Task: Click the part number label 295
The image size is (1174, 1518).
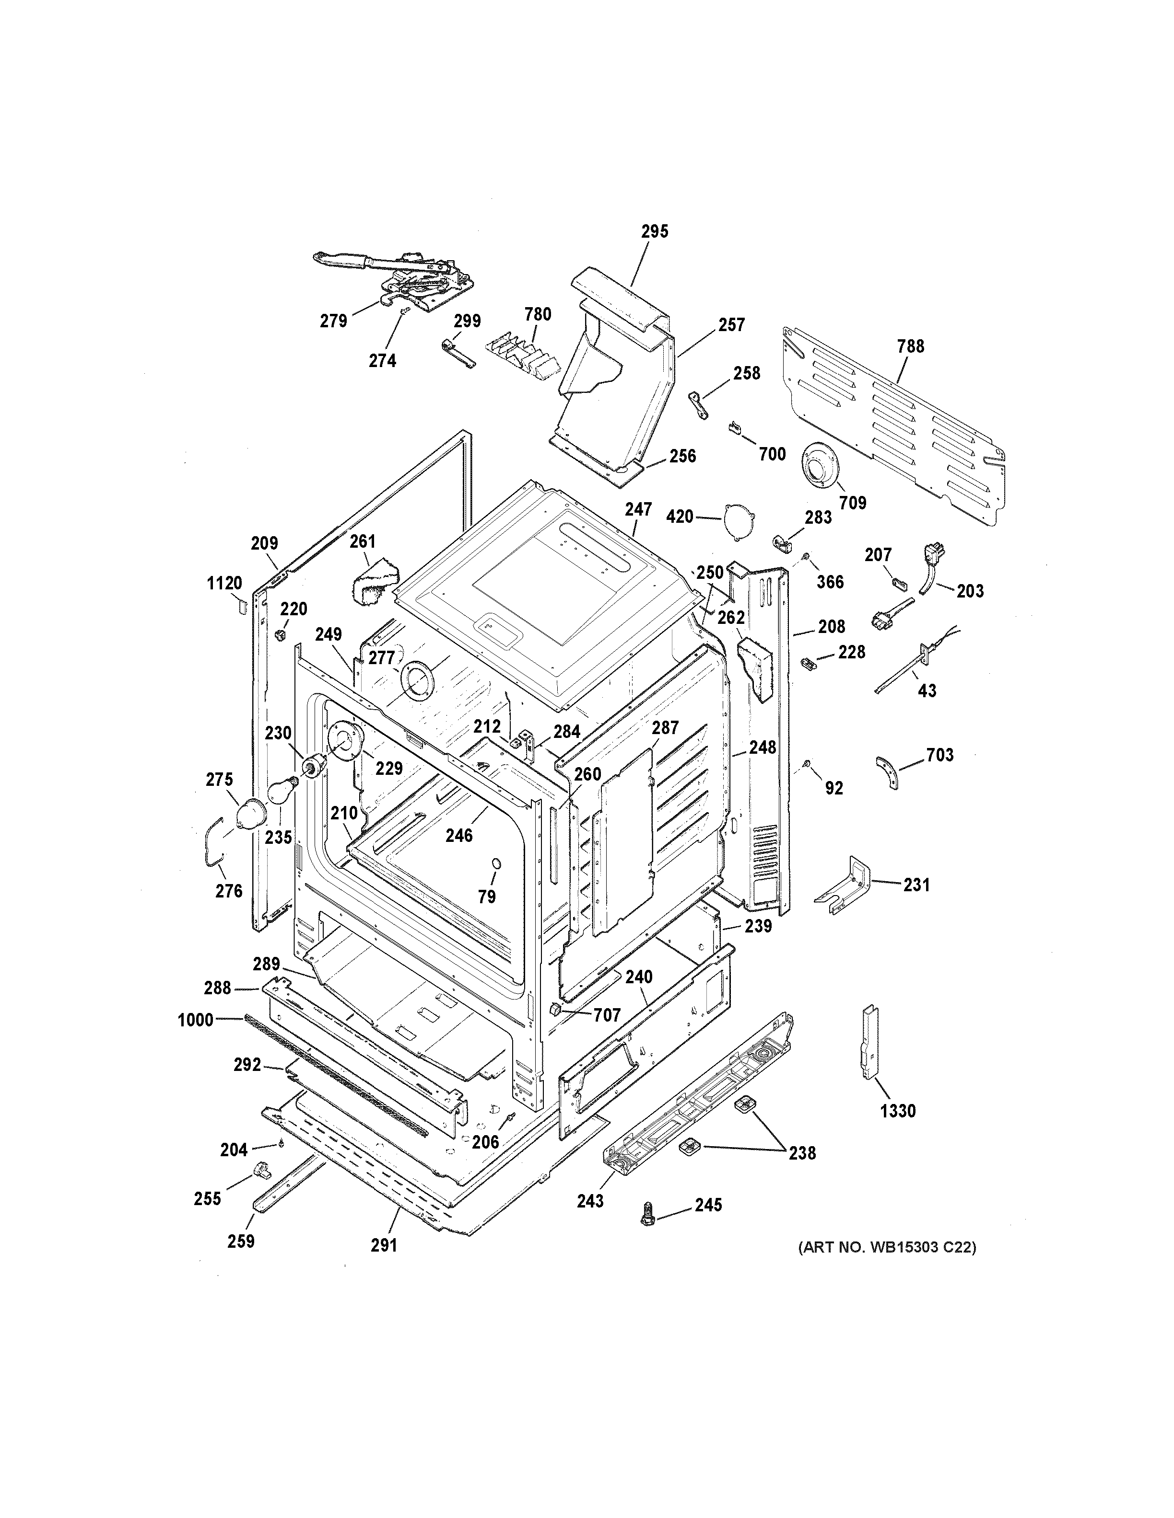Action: [x=655, y=231]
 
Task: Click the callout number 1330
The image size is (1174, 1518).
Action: [x=897, y=1111]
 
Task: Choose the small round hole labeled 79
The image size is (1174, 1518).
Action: [x=496, y=864]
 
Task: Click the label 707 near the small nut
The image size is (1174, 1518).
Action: [x=606, y=1015]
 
